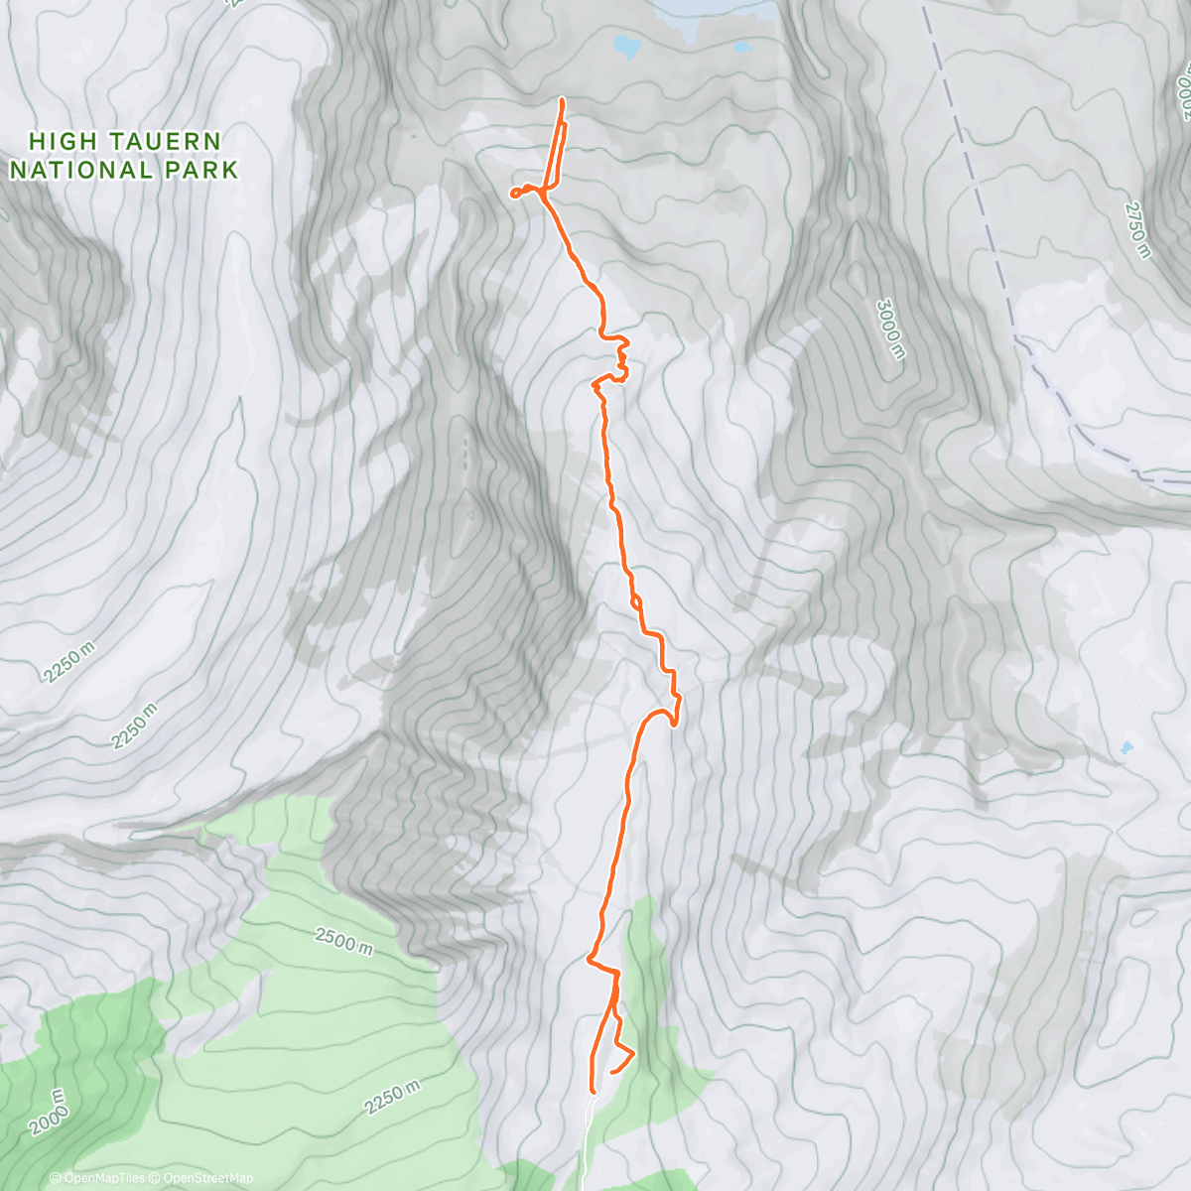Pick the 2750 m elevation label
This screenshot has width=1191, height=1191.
[x=1137, y=230]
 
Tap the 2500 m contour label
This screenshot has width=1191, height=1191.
[x=344, y=941]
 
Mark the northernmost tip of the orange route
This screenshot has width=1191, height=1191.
[x=563, y=100]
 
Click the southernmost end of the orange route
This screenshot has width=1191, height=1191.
[x=593, y=1093]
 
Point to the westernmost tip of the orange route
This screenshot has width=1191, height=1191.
[x=512, y=194]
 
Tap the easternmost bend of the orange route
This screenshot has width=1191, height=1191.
[x=679, y=701]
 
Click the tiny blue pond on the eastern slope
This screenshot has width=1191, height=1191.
[x=1125, y=747]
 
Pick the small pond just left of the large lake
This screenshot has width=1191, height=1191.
[x=625, y=45]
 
